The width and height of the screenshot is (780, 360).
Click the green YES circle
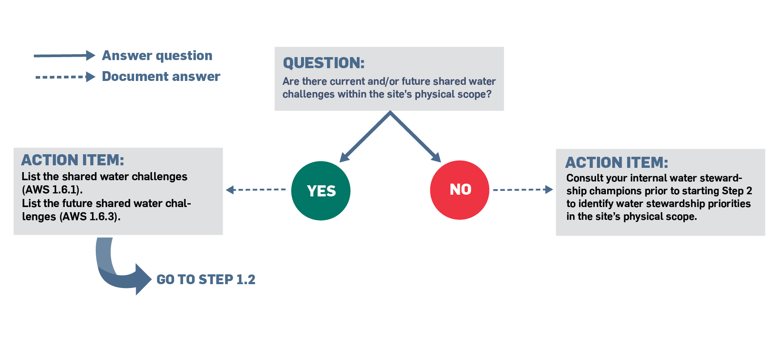pyautogui.click(x=321, y=190)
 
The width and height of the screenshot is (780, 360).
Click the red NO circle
pyautogui.click(x=460, y=190)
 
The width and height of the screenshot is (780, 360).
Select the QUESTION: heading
pyautogui.click(x=324, y=63)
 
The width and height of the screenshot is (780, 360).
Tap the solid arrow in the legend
pyautogui.click(x=64, y=55)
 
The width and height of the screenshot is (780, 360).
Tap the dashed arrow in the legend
pyautogui.click(x=65, y=77)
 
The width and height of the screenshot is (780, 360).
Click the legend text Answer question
pyautogui.click(x=157, y=56)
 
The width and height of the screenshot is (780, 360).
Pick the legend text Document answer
pyautogui.click(x=161, y=77)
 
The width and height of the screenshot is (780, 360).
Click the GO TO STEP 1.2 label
pyautogui.click(x=206, y=279)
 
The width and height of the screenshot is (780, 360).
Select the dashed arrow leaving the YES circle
pyautogui.click(x=255, y=190)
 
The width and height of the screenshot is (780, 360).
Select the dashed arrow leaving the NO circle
pyautogui.click(x=523, y=190)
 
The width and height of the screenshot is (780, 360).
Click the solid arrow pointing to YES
pyautogui.click(x=365, y=136)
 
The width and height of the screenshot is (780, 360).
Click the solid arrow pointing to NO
pyautogui.click(x=416, y=136)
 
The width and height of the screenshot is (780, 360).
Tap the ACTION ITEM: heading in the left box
pyautogui.click(x=73, y=160)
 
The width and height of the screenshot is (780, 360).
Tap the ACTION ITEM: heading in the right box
pyautogui.click(x=617, y=163)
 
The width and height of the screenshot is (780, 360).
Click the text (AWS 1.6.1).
pyautogui.click(x=52, y=190)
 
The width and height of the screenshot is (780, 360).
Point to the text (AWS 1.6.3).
pyautogui.click(x=90, y=216)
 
